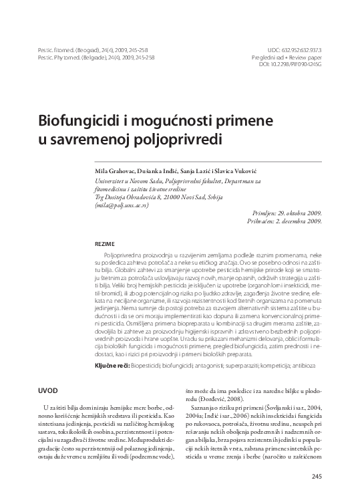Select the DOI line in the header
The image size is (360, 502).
click(289, 65)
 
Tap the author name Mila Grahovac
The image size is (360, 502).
click(119, 171)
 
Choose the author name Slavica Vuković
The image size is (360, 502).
click(250, 171)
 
